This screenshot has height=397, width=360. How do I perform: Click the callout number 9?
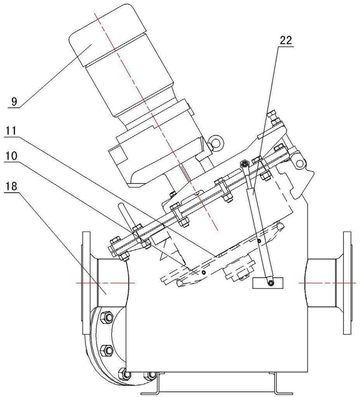pyautogui.click(x=14, y=101)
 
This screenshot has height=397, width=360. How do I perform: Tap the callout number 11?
pyautogui.click(x=10, y=131)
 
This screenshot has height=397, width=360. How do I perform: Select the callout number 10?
pyautogui.click(x=11, y=156)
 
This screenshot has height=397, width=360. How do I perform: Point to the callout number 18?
pyautogui.click(x=10, y=186)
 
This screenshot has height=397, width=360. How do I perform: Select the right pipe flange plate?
pyautogui.click(x=347, y=283)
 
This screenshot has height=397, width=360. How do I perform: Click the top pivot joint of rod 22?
pyautogui.click(x=245, y=164)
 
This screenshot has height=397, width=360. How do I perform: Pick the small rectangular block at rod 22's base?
pyautogui.click(x=268, y=283)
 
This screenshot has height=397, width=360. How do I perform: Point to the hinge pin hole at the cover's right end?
pyautogui.click(x=299, y=162)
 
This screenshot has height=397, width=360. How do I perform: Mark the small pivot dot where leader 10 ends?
pyautogui.click(x=203, y=272)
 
